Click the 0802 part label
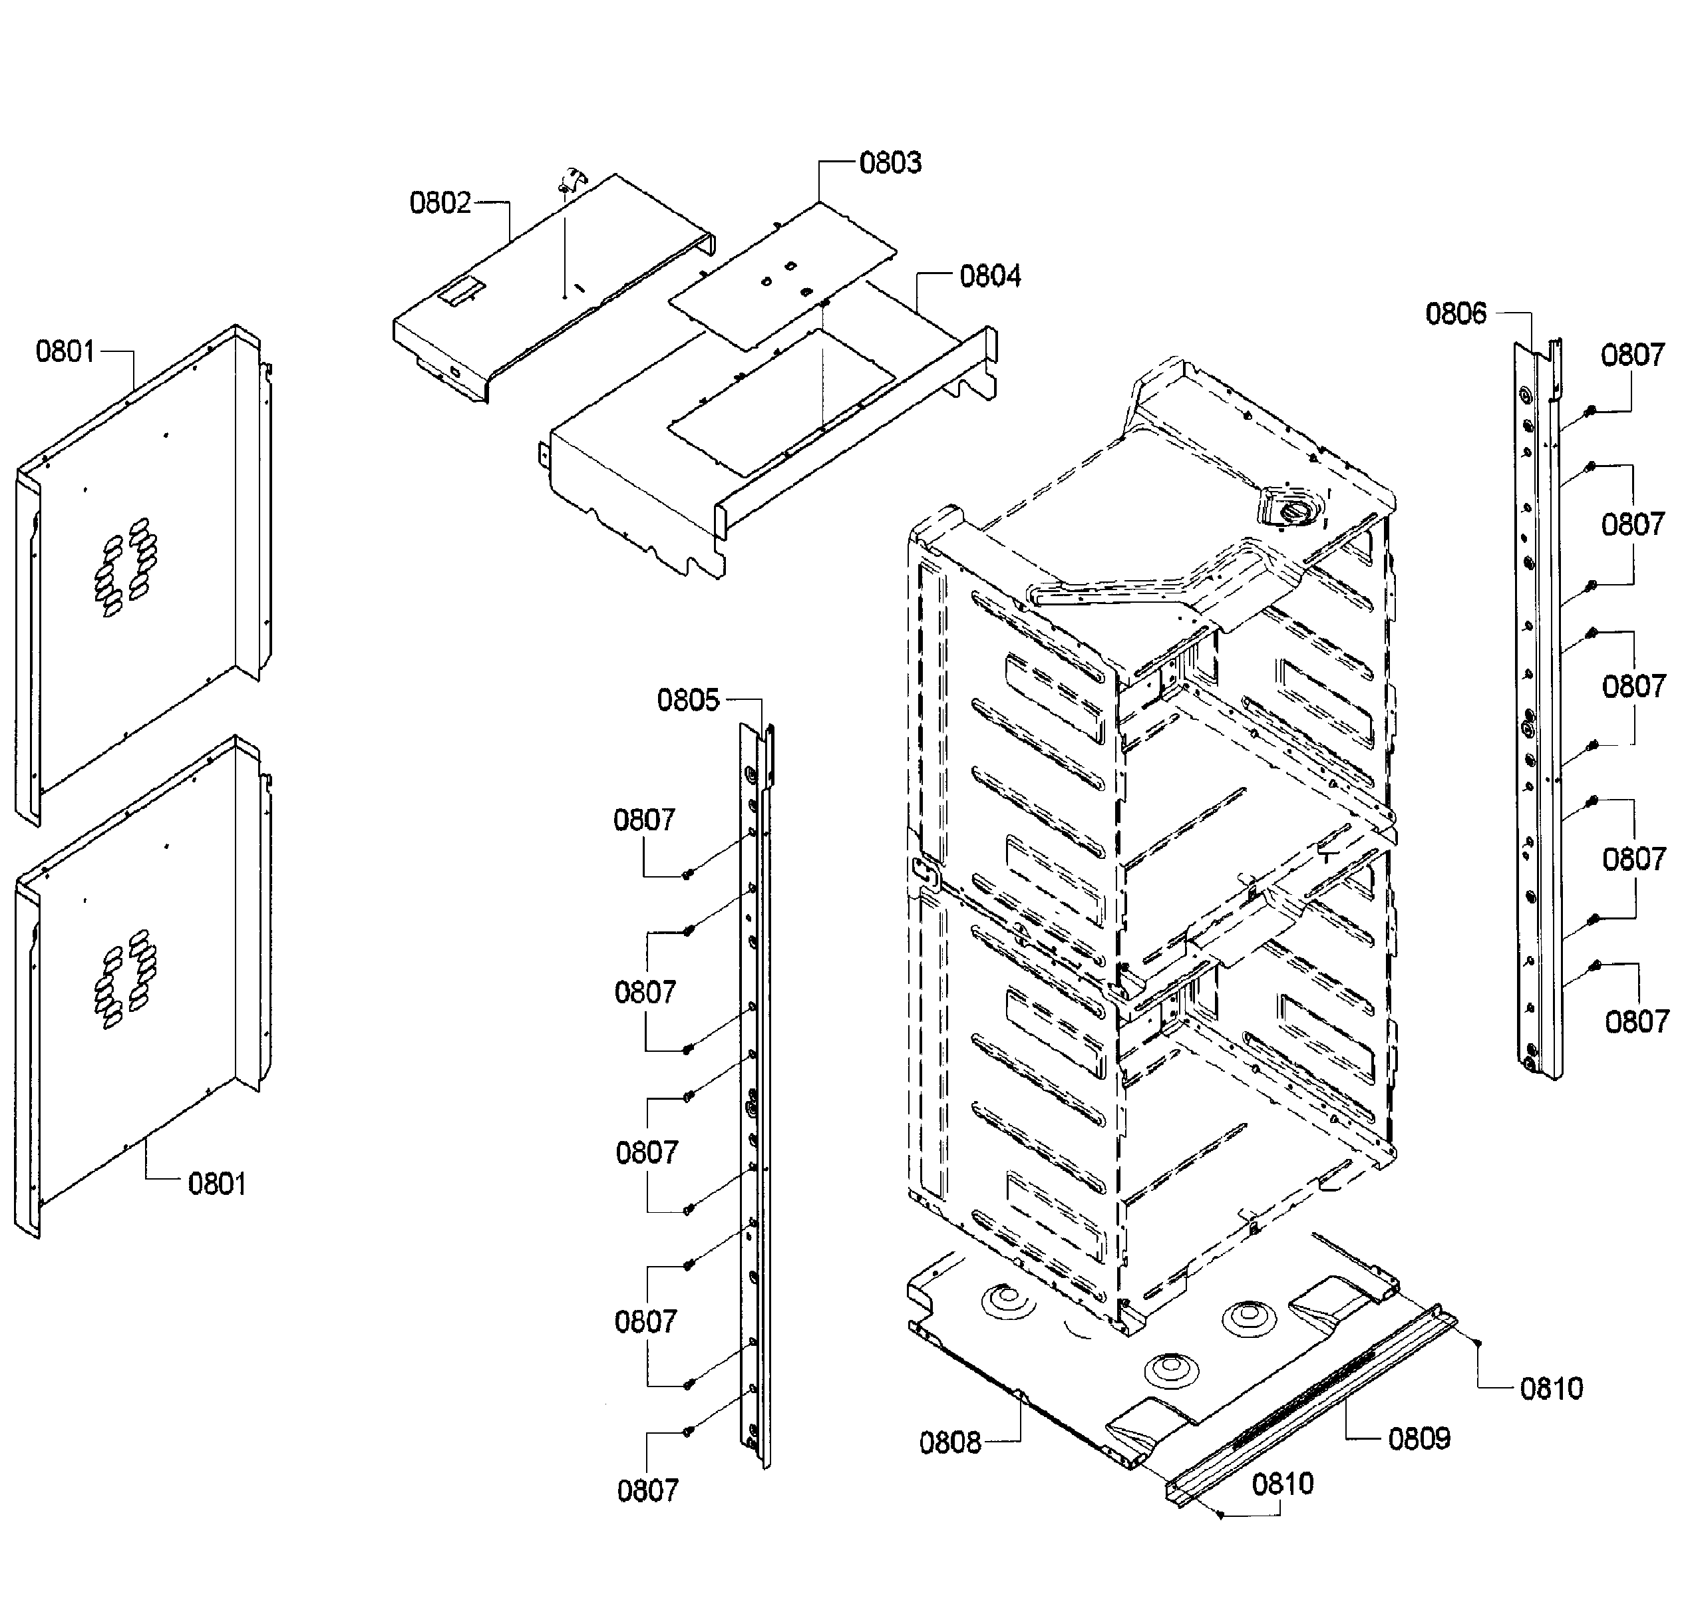coord(440,204)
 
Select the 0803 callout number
coord(890,163)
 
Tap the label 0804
coord(990,277)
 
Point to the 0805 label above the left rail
coord(687,701)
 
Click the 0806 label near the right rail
coord(1456,314)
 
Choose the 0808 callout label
coord(949,1443)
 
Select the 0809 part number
coord(1419,1438)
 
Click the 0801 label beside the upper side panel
coord(65,352)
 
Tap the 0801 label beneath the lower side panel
coord(216,1184)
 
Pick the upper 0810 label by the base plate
coord(1552,1388)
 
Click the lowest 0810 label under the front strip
coord(1282,1484)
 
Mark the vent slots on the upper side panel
coord(126,567)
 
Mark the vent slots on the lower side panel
coord(126,979)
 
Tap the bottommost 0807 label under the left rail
coord(647,1490)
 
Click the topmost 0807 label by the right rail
coord(1631,355)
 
